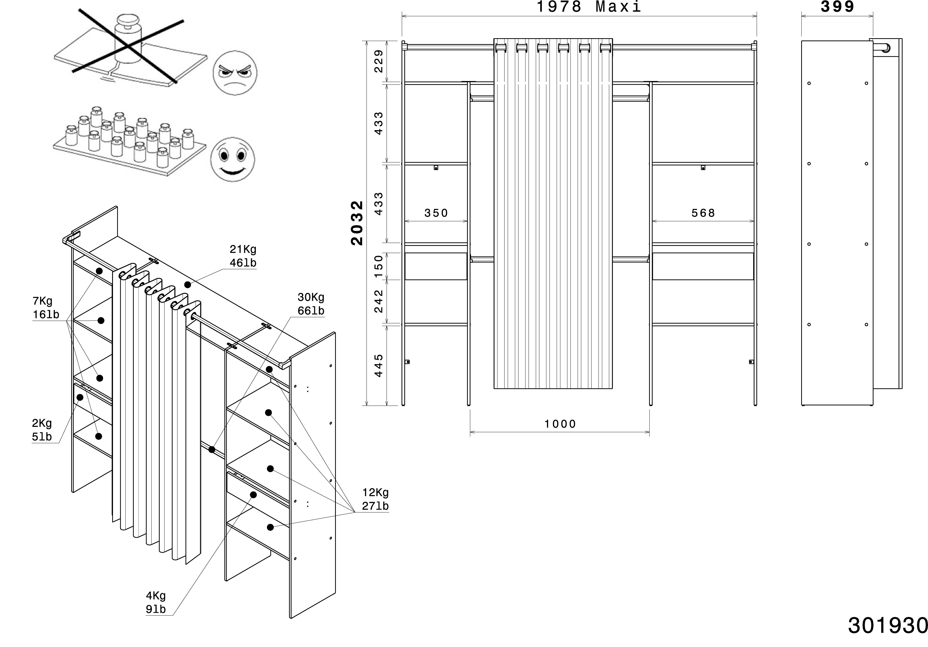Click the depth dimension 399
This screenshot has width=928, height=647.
[837, 7]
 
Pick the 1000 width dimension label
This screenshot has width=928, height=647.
[560, 424]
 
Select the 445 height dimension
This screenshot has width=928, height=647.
[379, 365]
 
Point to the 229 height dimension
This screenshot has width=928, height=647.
[379, 61]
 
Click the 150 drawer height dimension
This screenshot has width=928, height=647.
[379, 266]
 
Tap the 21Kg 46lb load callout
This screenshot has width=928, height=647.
[243, 256]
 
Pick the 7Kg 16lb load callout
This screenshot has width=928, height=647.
[46, 308]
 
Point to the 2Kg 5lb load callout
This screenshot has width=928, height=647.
[42, 430]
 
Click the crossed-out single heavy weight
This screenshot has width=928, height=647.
[127, 40]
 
